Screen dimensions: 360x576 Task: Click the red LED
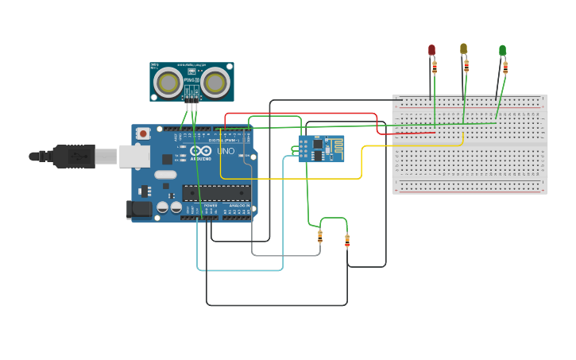432,49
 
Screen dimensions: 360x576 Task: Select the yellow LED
463,48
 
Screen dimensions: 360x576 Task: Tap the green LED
502,50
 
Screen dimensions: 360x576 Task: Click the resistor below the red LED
435,67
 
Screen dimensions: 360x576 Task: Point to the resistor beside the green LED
505,67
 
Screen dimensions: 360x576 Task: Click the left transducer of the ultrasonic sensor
168,81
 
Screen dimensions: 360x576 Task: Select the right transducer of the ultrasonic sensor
215,82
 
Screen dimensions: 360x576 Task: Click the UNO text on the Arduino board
226,150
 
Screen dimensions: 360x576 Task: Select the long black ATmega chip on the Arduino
216,192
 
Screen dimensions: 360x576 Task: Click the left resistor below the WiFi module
320,236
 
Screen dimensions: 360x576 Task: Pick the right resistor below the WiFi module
347,241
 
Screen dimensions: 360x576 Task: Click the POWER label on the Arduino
211,206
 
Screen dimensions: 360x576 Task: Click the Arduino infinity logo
201,150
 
